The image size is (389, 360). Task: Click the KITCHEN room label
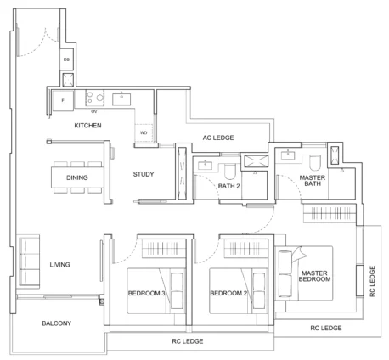pyautogui.click(x=87, y=126)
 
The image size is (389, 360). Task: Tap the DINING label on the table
pyautogui.click(x=77, y=177)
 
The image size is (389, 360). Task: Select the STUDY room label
pyautogui.click(x=144, y=174)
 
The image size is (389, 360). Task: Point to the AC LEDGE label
pyautogui.click(x=218, y=138)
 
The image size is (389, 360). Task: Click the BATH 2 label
pyautogui.click(x=229, y=186)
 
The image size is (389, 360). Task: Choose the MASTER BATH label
pyautogui.click(x=313, y=181)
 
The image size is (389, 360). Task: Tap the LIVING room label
pyautogui.click(x=59, y=265)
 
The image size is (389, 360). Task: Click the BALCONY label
pyautogui.click(x=57, y=323)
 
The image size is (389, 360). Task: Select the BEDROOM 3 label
pyautogui.click(x=146, y=293)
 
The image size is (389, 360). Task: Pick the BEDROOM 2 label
pyautogui.click(x=228, y=293)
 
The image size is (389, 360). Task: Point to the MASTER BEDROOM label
pyautogui.click(x=314, y=276)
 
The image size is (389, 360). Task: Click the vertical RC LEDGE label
pyautogui.click(x=372, y=281)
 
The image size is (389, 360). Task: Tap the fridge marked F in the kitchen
pyautogui.click(x=63, y=100)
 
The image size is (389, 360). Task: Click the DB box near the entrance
pyautogui.click(x=66, y=59)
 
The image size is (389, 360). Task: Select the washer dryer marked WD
pyautogui.click(x=144, y=132)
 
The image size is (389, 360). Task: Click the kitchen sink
pyautogui.click(x=121, y=99)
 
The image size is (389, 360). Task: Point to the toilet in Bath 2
pyautogui.click(x=230, y=171)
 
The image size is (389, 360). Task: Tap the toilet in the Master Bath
pyautogui.click(x=314, y=162)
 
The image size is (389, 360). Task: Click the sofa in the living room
pyautogui.click(x=29, y=262)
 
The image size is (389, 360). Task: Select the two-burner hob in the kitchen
pyautogui.click(x=95, y=98)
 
